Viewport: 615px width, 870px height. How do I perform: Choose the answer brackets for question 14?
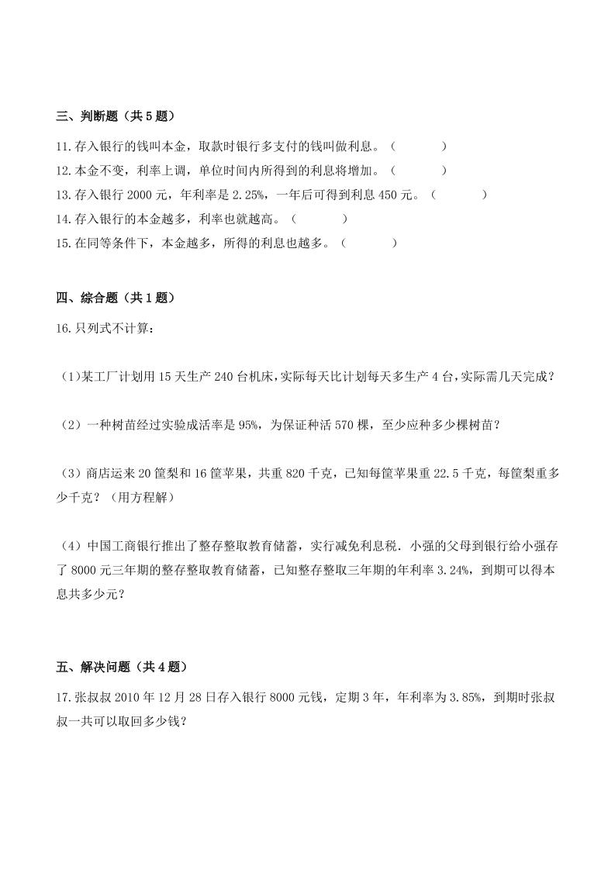pyautogui.click(x=319, y=219)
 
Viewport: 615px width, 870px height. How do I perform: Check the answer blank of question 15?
pyautogui.click(x=368, y=243)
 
